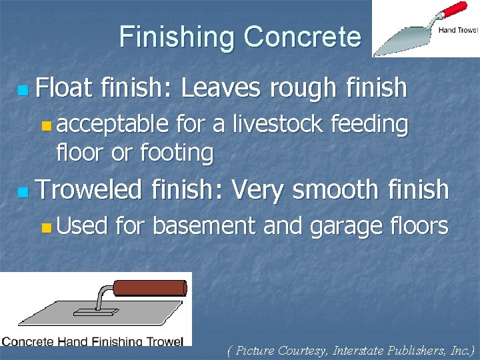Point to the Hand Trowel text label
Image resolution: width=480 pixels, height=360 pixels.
(457, 30)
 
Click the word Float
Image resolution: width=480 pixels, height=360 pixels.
(65, 87)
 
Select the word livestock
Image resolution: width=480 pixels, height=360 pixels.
(280, 123)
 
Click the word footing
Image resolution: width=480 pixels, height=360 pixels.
(177, 153)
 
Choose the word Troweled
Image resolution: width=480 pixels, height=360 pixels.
(89, 190)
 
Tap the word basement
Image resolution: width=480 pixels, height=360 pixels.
(205, 226)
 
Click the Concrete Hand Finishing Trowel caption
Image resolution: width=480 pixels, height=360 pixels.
(93, 341)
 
